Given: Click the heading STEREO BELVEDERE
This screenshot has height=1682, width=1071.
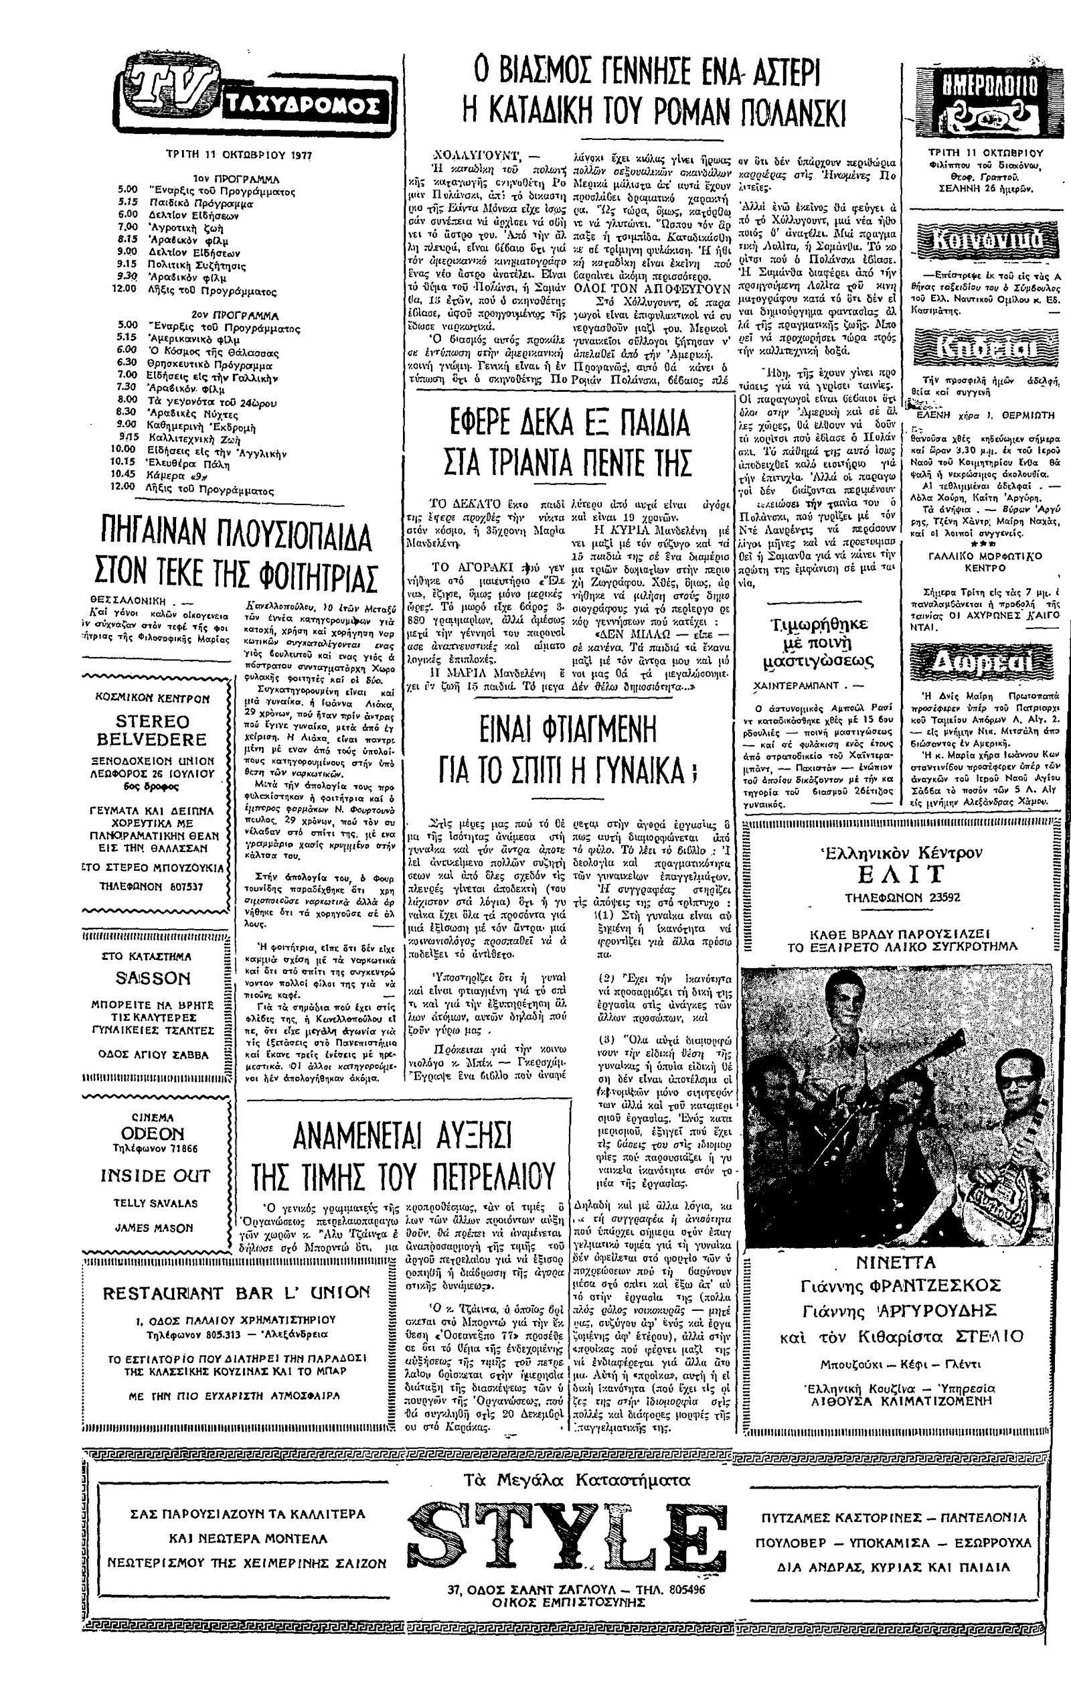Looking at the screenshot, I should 151,730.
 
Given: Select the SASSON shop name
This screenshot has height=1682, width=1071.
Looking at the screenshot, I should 152,979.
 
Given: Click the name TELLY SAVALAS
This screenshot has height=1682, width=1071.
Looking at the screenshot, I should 155,1204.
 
